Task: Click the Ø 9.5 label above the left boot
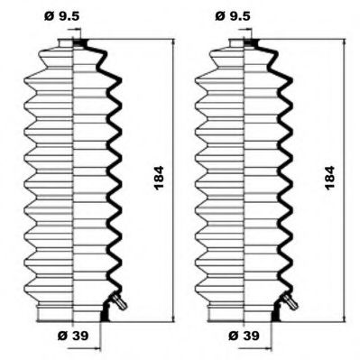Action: [x=62, y=16]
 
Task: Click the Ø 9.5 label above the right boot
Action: [x=233, y=16]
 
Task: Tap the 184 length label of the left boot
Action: [x=159, y=177]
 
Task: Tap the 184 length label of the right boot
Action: [x=330, y=177]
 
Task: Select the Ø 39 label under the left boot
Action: [x=73, y=336]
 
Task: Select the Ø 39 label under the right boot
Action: [x=244, y=336]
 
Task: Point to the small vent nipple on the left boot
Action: [x=119, y=301]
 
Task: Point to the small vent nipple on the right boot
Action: [x=291, y=301]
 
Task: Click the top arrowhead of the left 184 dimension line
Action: [x=173, y=42]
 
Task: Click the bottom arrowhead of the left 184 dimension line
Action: [x=173, y=319]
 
